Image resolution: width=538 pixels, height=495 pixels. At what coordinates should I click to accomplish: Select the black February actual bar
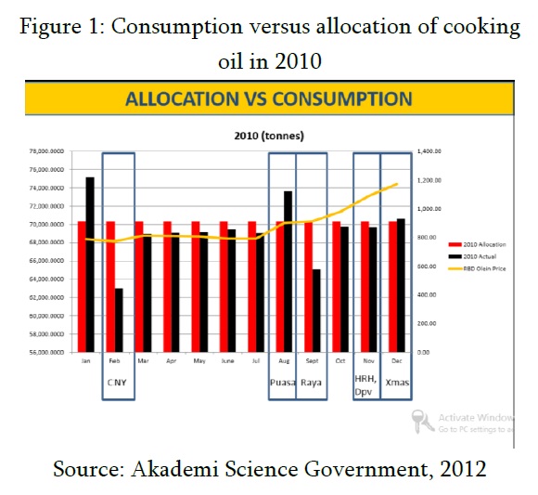pos(119,320)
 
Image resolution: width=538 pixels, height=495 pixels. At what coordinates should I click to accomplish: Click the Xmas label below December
pos(396,382)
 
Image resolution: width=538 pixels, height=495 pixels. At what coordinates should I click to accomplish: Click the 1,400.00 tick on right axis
pos(429,151)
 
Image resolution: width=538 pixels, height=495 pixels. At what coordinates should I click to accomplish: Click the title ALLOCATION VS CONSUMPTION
pos(269,98)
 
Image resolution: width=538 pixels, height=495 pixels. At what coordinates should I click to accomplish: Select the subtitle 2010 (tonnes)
pos(269,136)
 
